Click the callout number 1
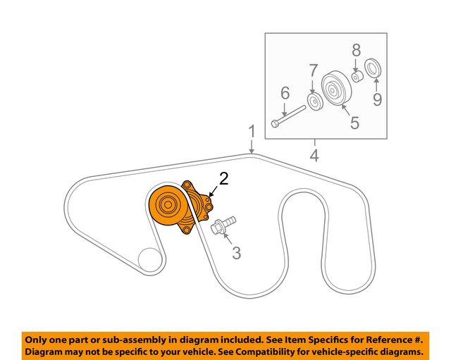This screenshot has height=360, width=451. tap(251, 131)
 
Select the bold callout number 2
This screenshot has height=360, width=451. tap(224, 179)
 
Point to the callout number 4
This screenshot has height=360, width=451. tap(314, 156)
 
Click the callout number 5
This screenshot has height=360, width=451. tap(354, 123)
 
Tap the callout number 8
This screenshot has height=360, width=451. tap(356, 49)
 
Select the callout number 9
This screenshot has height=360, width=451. tap(377, 99)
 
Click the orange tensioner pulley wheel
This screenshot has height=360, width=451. tap(167, 206)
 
